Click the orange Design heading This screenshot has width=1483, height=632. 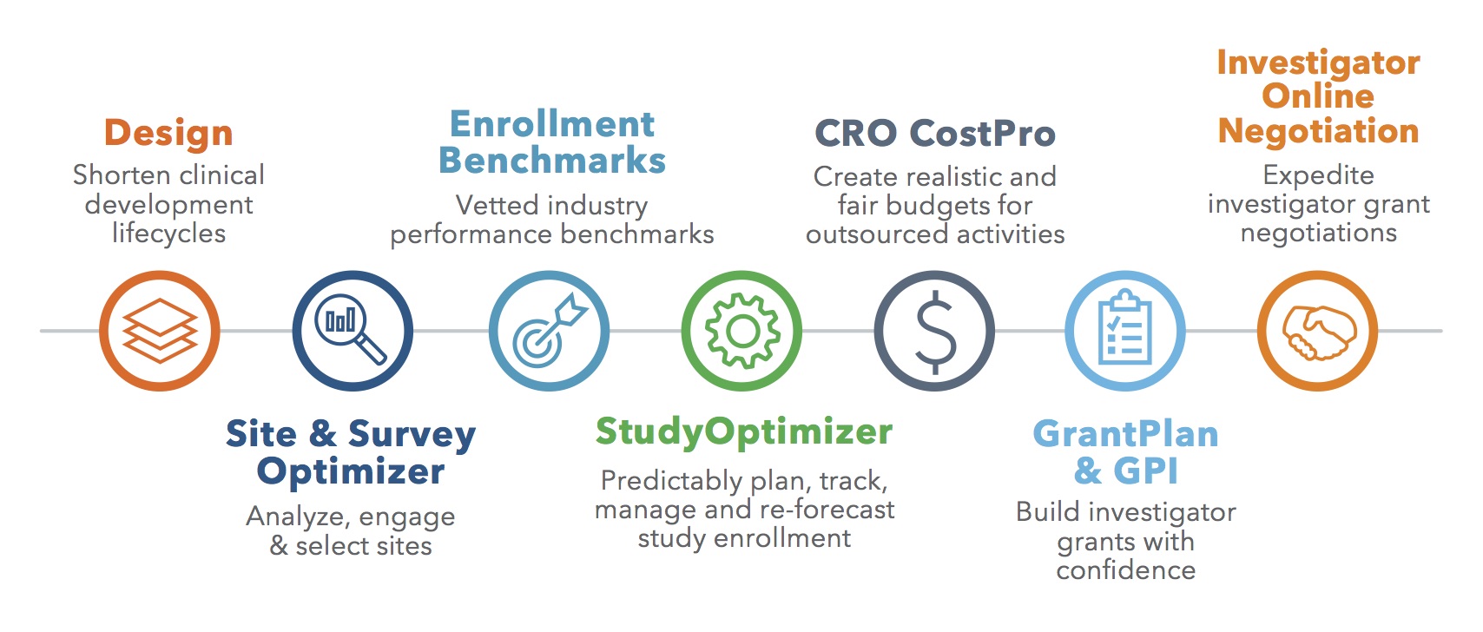tap(168, 133)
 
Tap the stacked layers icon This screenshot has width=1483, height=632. tap(160, 331)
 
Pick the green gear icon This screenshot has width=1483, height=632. tap(741, 331)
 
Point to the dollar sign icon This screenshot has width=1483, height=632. tap(934, 331)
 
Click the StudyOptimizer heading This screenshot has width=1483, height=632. tap(744, 433)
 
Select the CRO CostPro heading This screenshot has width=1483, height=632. tap(935, 133)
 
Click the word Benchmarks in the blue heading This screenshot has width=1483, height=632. tap(552, 161)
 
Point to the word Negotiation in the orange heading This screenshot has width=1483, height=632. tap(1319, 131)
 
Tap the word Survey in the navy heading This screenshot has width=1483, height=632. tap(412, 436)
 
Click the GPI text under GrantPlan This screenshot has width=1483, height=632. tap(1146, 472)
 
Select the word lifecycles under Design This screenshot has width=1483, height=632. tap(168, 234)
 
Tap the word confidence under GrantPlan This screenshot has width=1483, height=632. tap(1126, 570)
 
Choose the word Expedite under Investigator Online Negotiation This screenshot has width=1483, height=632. tap(1318, 176)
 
